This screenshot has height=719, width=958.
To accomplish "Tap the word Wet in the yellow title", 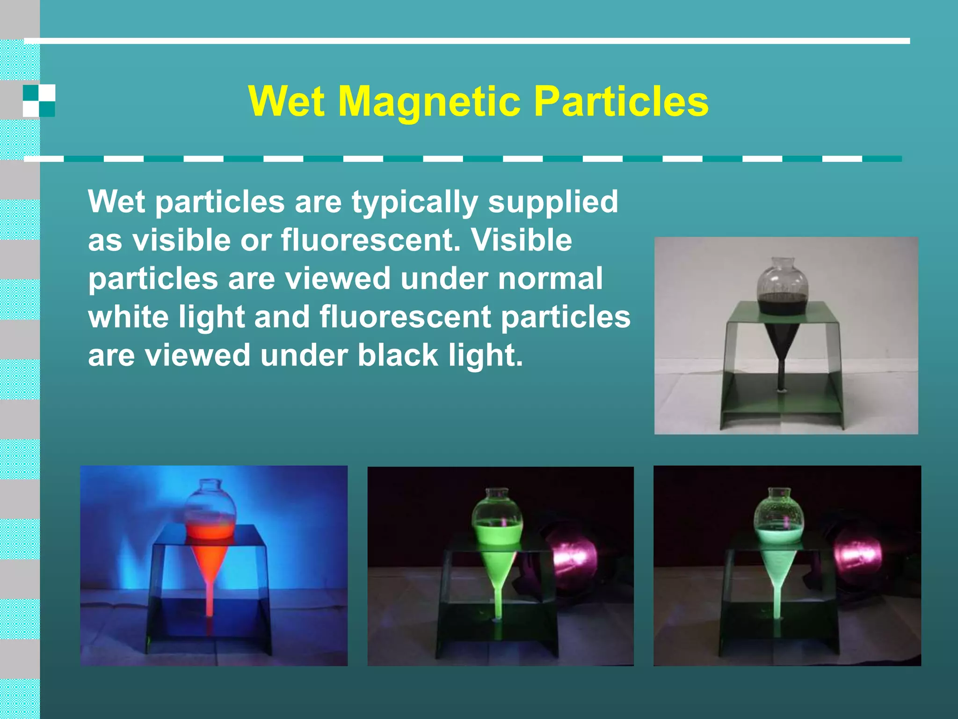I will pos(286,102).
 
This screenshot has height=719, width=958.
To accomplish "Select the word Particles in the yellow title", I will pos(621,102).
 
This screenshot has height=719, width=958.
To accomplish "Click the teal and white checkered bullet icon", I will pos(39,101).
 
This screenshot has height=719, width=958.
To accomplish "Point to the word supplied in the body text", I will pos(553,202).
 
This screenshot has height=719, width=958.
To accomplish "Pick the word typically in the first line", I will pos(414,202).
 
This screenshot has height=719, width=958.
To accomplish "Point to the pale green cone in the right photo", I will pos(777,569).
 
